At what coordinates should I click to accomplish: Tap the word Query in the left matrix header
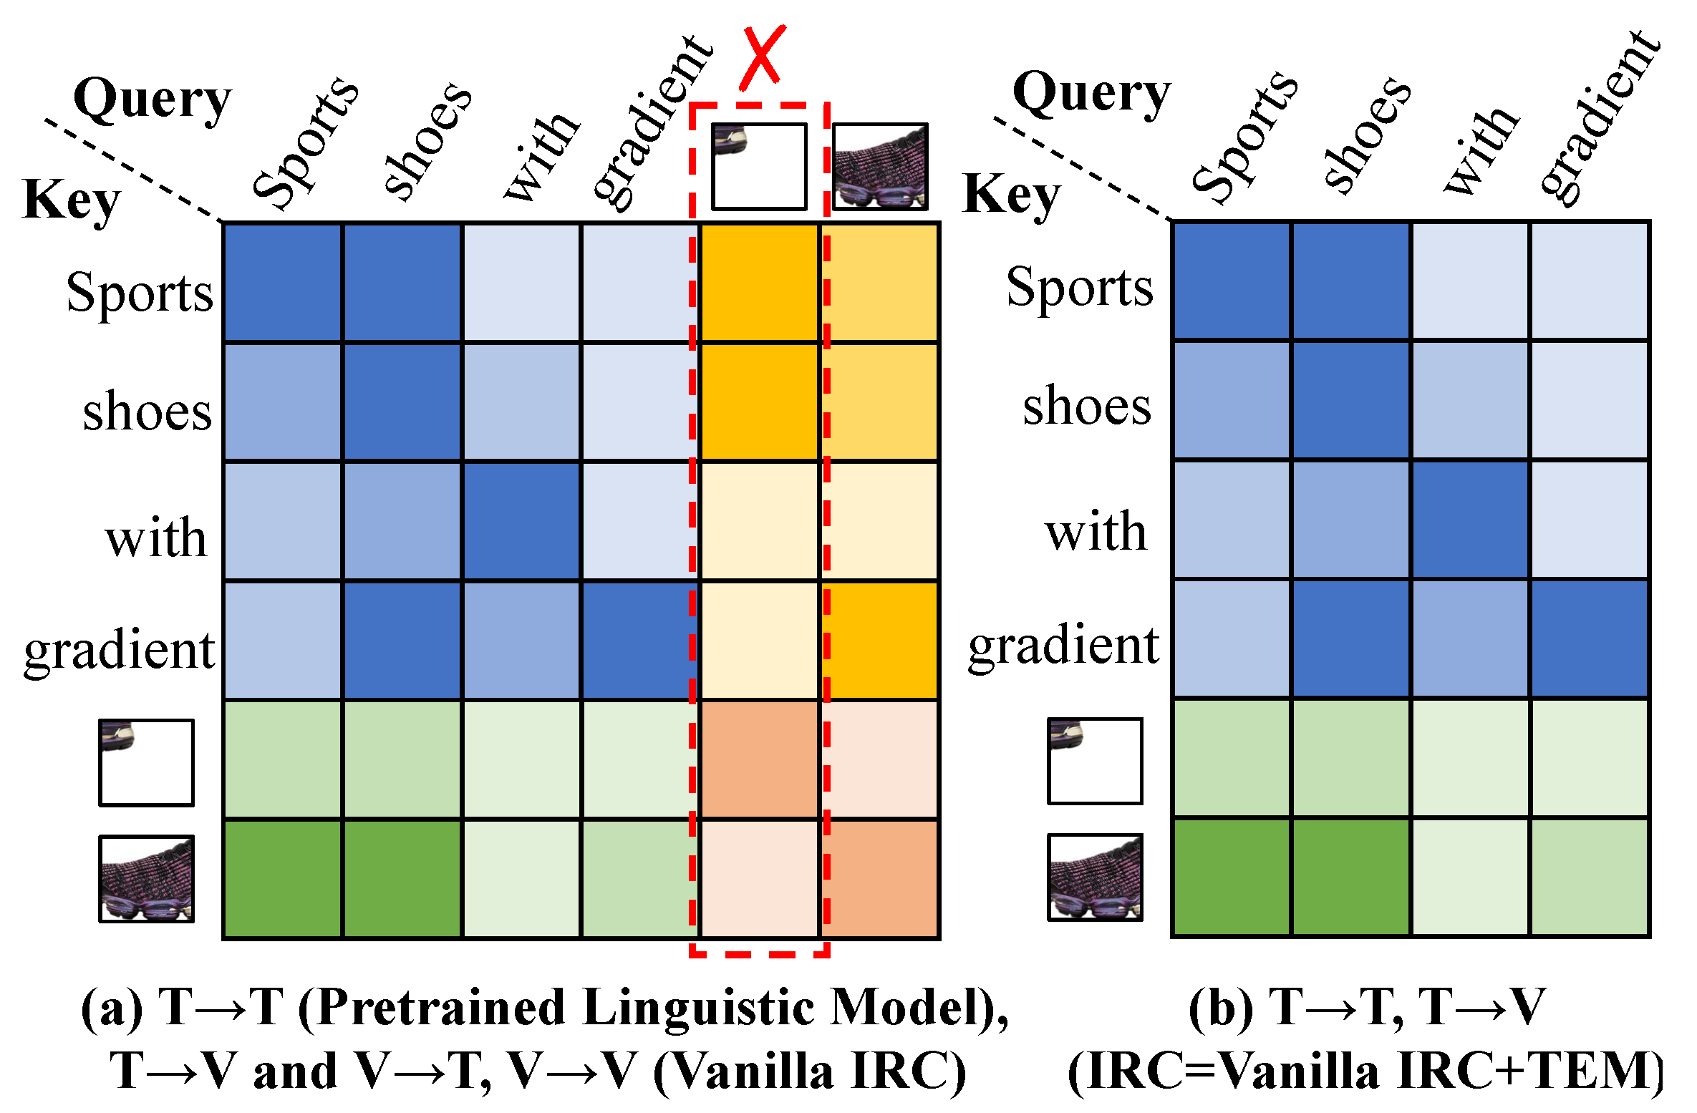pos(153,100)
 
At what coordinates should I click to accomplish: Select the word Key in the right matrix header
pos(1010,194)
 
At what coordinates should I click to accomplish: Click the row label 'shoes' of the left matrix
pos(148,412)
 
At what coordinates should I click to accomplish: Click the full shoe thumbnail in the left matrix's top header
pos(880,167)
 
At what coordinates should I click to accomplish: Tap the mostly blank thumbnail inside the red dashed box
pos(759,167)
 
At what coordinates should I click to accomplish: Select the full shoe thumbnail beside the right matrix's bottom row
pos(1095,877)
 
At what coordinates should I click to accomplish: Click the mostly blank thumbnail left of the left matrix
pos(146,763)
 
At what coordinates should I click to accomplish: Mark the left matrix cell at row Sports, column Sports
pos(284,283)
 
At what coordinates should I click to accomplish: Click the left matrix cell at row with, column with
pos(521,521)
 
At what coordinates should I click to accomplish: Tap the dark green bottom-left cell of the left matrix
pos(284,878)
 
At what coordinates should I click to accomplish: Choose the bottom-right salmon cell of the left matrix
pos(879,878)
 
